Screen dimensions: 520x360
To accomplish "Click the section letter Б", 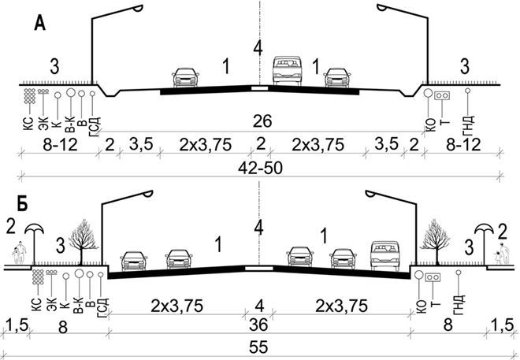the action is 23,205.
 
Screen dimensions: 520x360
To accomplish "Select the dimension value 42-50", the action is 260,168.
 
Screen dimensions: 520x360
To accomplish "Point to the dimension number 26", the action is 262,121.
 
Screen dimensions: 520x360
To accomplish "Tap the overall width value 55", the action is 258,347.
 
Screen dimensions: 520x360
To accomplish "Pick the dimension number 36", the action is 258,325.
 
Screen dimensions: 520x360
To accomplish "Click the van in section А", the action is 288,71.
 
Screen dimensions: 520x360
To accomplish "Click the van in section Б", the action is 385,255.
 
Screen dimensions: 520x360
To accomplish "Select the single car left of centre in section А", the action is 185,77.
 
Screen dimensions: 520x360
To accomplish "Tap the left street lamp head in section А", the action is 138,8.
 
